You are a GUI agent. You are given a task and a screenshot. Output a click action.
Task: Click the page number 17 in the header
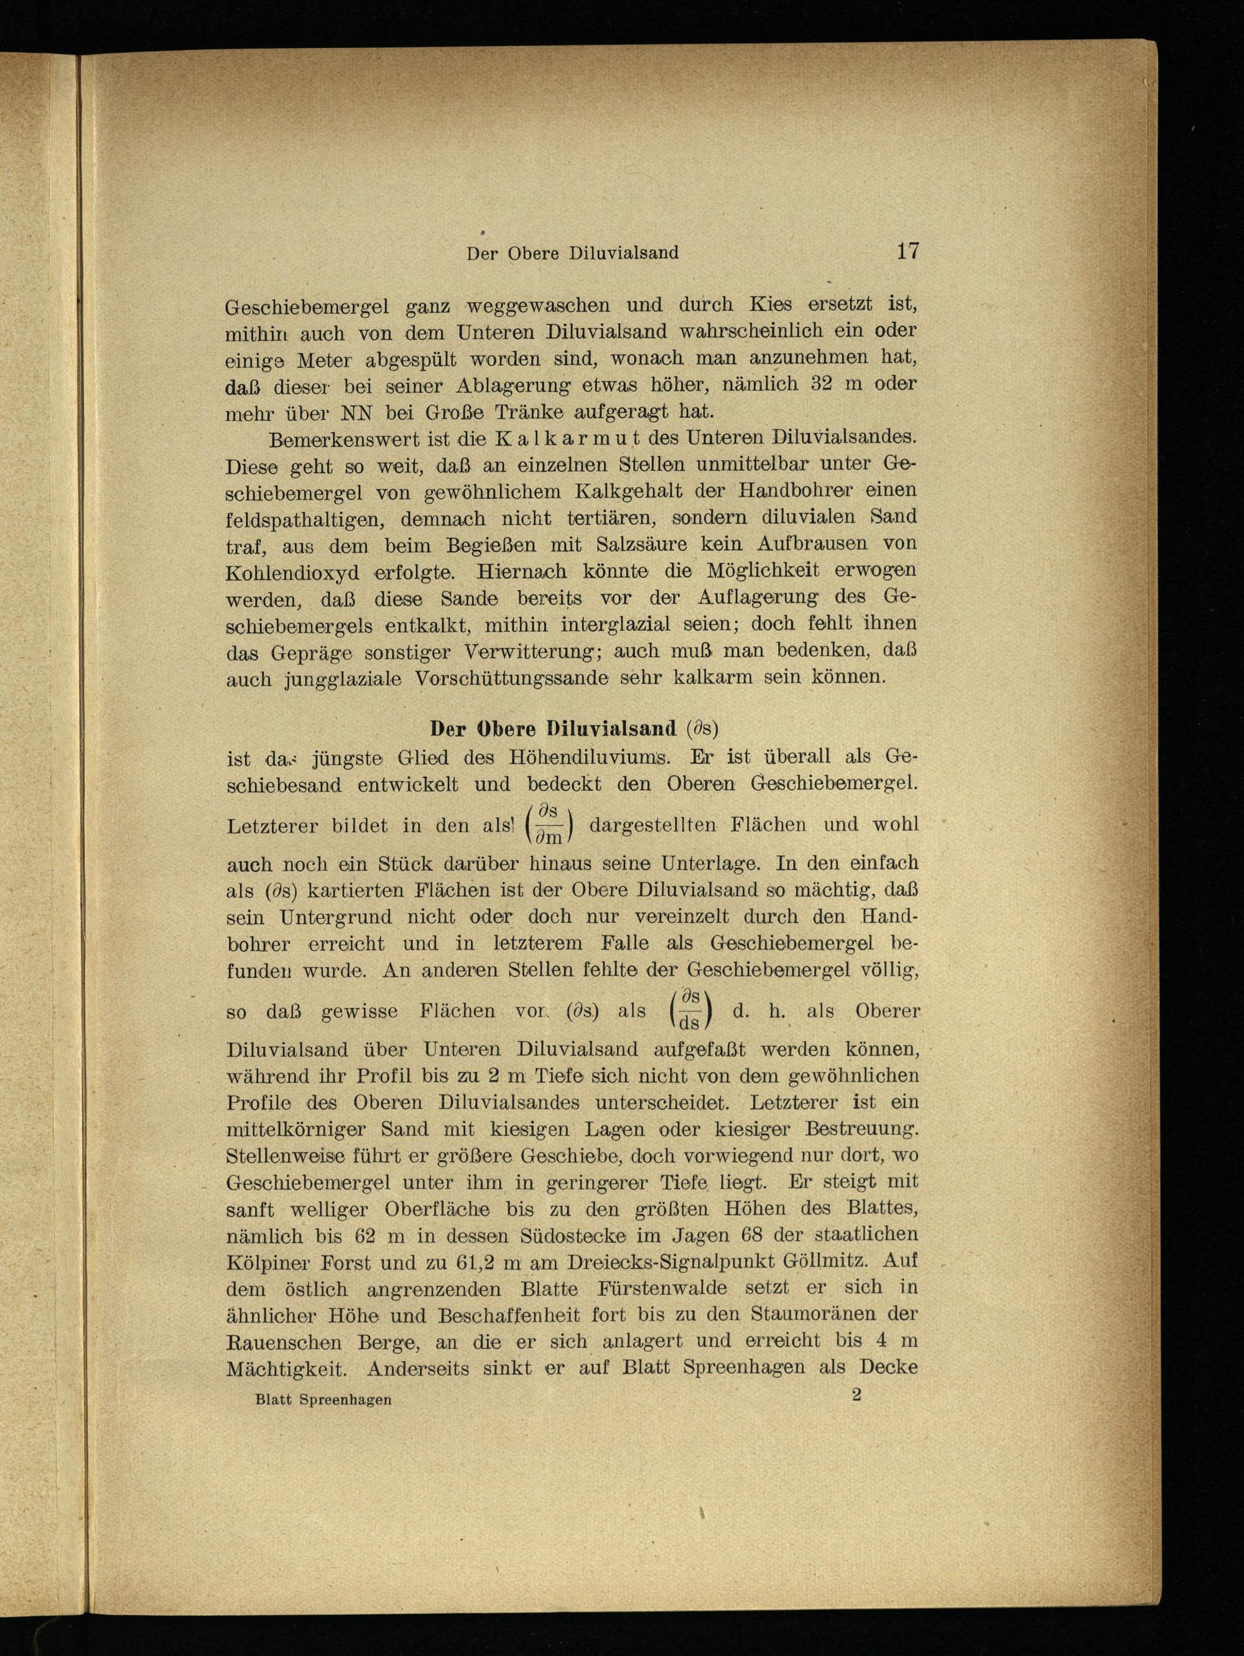coord(907,251)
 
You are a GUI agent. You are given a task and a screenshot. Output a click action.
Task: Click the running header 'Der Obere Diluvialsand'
coord(572,254)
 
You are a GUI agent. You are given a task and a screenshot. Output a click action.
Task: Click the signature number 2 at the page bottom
coord(856,1395)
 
